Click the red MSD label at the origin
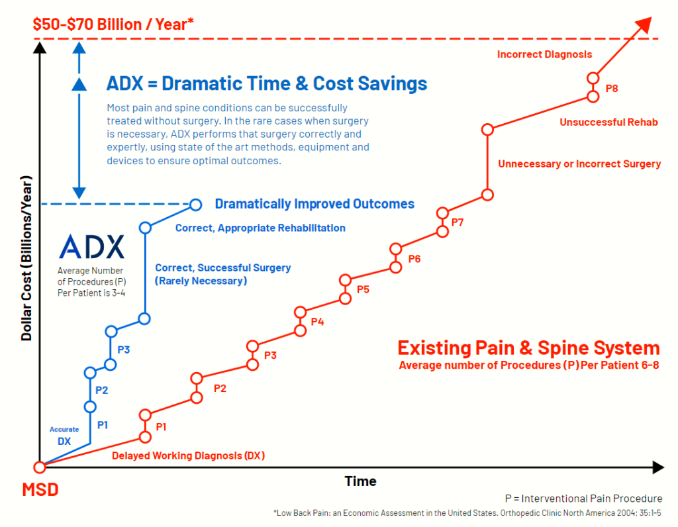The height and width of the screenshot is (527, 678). tap(40, 491)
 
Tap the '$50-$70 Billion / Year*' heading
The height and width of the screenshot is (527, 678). tap(113, 25)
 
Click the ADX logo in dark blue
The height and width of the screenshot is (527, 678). tap(91, 246)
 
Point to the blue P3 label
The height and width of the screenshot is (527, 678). tap(124, 349)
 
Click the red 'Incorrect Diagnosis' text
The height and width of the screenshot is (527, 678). tap(544, 54)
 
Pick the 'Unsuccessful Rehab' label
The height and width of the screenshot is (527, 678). tap(608, 122)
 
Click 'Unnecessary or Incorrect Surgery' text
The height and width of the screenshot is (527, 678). tap(579, 164)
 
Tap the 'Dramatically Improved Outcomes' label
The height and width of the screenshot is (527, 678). tap(315, 204)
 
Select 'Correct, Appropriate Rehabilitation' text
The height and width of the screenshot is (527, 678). tap(260, 228)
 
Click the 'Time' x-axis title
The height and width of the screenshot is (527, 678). tap(361, 481)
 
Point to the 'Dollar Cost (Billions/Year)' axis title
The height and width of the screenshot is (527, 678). tap(26, 258)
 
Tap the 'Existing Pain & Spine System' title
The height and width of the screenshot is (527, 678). tap(528, 348)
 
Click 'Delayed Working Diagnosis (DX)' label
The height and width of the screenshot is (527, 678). tap(189, 455)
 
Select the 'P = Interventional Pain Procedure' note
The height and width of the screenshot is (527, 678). tap(583, 499)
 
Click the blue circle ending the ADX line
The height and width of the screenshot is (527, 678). tap(195, 204)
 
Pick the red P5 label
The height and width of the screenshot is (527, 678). tap(363, 289)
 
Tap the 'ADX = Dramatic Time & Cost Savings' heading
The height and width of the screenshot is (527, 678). tap(267, 84)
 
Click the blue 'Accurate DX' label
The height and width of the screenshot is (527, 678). tap(64, 435)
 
